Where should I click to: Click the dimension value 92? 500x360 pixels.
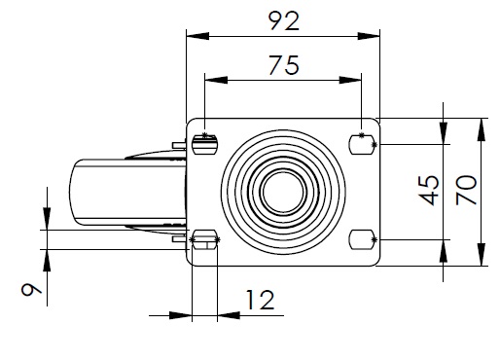click(x=284, y=21)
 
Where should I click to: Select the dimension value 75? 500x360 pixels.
click(x=284, y=65)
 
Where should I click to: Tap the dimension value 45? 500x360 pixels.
click(x=430, y=191)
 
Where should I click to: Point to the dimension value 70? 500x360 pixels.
click(x=466, y=190)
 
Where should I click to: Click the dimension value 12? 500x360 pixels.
click(x=261, y=300)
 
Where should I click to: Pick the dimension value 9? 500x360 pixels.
click(x=31, y=289)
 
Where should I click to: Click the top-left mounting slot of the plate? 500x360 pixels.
click(x=205, y=145)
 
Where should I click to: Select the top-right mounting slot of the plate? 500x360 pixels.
click(x=362, y=145)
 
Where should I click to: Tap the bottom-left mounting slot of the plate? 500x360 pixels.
click(x=205, y=239)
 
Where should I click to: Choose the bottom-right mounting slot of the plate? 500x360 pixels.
click(x=362, y=239)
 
